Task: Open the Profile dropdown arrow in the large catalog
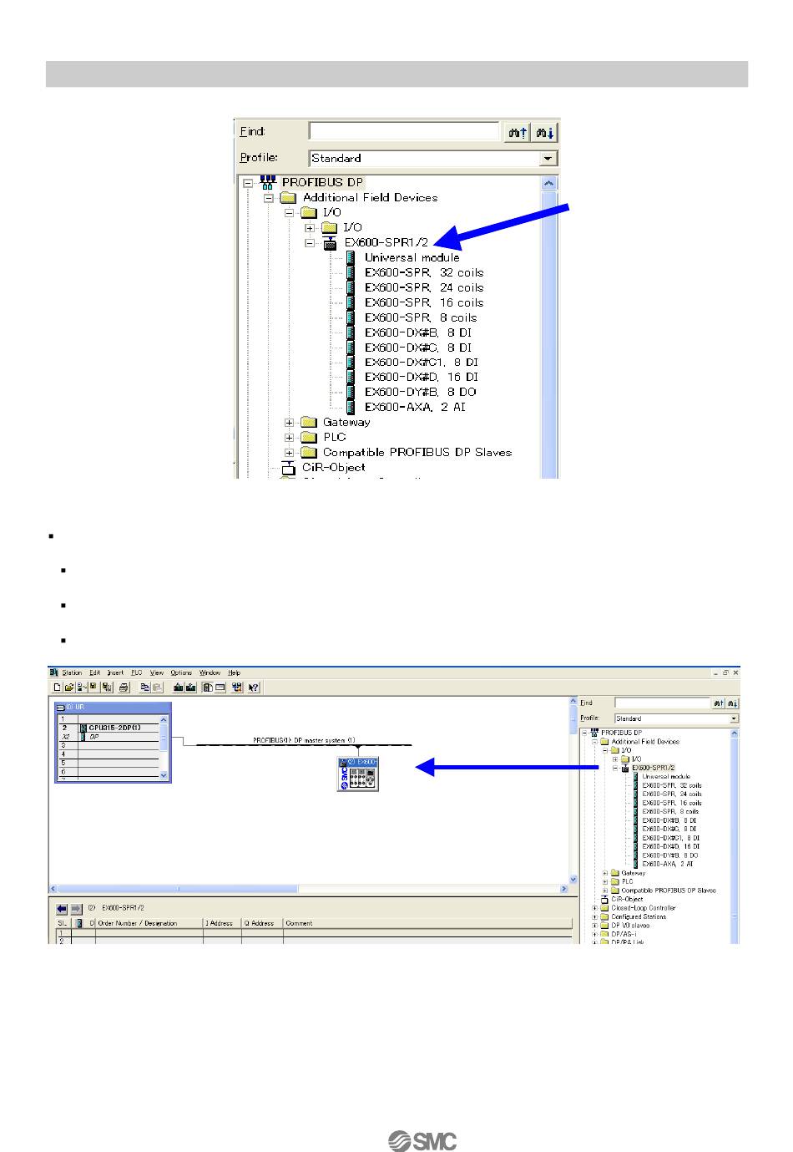point(548,158)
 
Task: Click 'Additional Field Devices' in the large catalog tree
point(370,197)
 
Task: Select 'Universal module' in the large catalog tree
point(412,257)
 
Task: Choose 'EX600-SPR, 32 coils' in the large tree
point(423,272)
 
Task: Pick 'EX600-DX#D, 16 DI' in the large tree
point(421,377)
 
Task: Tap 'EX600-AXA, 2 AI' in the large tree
point(414,407)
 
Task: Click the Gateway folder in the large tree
point(346,422)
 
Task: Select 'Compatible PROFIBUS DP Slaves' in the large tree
point(417,452)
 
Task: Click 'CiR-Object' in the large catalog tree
point(333,467)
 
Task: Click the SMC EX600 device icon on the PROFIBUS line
point(358,774)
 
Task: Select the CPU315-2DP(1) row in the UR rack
point(114,728)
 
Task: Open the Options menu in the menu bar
point(181,672)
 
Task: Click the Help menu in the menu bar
point(235,672)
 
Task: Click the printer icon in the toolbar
point(124,688)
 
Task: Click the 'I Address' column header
point(220,923)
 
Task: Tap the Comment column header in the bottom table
point(299,923)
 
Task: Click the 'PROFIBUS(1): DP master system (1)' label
point(304,740)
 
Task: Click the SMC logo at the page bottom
point(422,1140)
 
